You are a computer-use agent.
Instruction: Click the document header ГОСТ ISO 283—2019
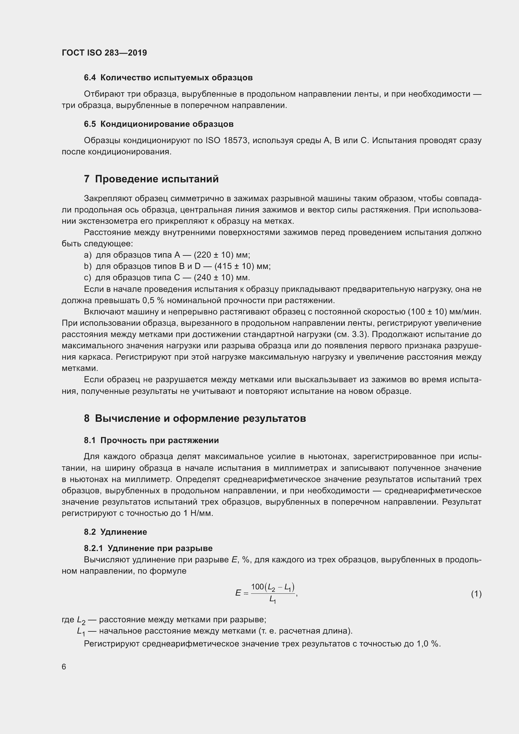pyautogui.click(x=104, y=53)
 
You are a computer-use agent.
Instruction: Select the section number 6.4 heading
pyautogui.click(x=90, y=78)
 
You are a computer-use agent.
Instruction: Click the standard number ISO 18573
pyautogui.click(x=227, y=140)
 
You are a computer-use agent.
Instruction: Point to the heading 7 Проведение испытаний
pyautogui.click(x=151, y=179)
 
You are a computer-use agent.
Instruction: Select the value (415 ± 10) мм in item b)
pyautogui.click(x=242, y=266)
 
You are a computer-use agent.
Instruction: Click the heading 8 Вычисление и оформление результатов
pyautogui.click(x=195, y=418)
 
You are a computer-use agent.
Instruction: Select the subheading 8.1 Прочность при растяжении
pyautogui.click(x=151, y=440)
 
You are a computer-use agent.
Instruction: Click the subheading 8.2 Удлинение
pyautogui.click(x=115, y=532)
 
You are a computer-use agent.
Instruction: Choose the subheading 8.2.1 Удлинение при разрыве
pyautogui.click(x=148, y=548)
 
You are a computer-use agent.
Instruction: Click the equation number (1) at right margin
pyautogui.click(x=476, y=594)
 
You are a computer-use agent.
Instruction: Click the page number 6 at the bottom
pyautogui.click(x=64, y=667)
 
